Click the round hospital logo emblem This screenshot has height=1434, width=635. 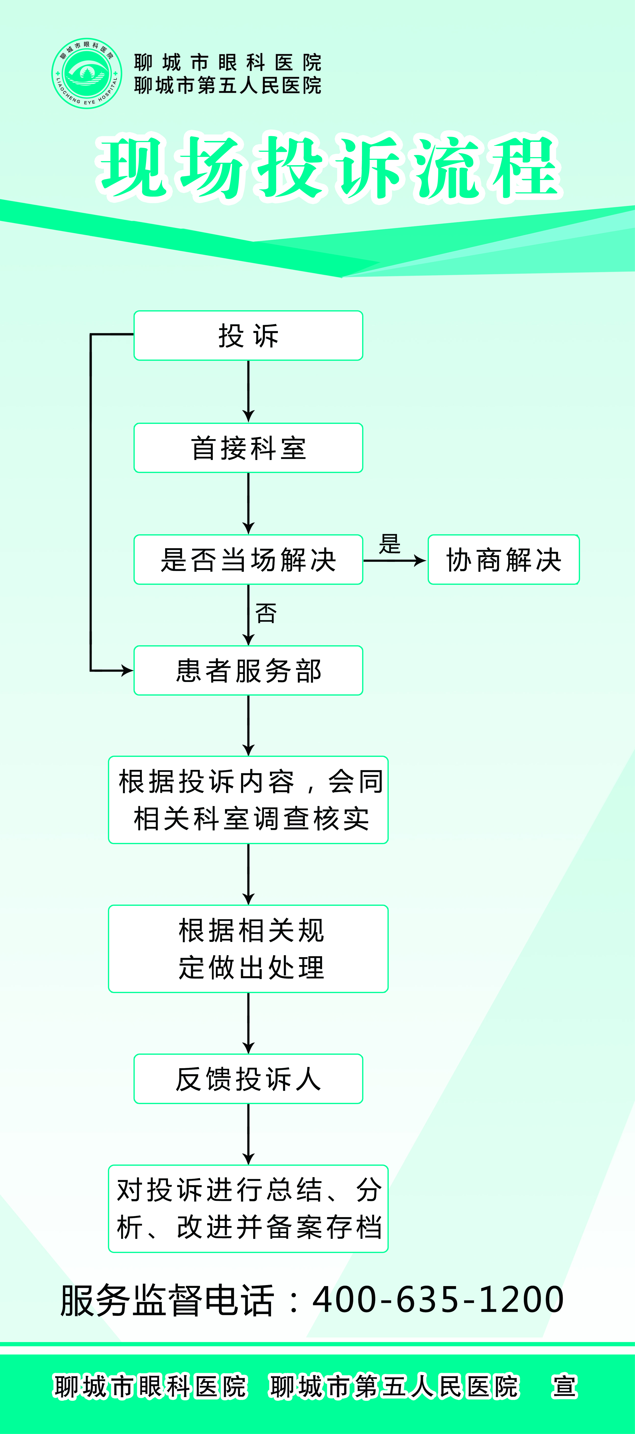[x=87, y=73]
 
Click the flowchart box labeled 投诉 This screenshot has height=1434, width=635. [x=248, y=336]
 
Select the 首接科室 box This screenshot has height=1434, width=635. [x=248, y=448]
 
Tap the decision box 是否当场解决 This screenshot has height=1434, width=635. [x=248, y=559]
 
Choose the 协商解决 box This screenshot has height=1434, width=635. [x=504, y=559]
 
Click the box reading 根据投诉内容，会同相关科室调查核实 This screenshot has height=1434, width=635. [x=248, y=800]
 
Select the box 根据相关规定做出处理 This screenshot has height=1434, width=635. [x=248, y=949]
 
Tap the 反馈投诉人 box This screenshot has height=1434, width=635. [x=248, y=1079]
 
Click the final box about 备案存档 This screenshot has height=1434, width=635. [x=248, y=1209]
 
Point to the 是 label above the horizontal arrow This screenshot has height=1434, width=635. [x=390, y=544]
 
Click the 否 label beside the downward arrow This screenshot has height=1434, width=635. [x=266, y=613]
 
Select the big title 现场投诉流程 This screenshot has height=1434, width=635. [x=328, y=167]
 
